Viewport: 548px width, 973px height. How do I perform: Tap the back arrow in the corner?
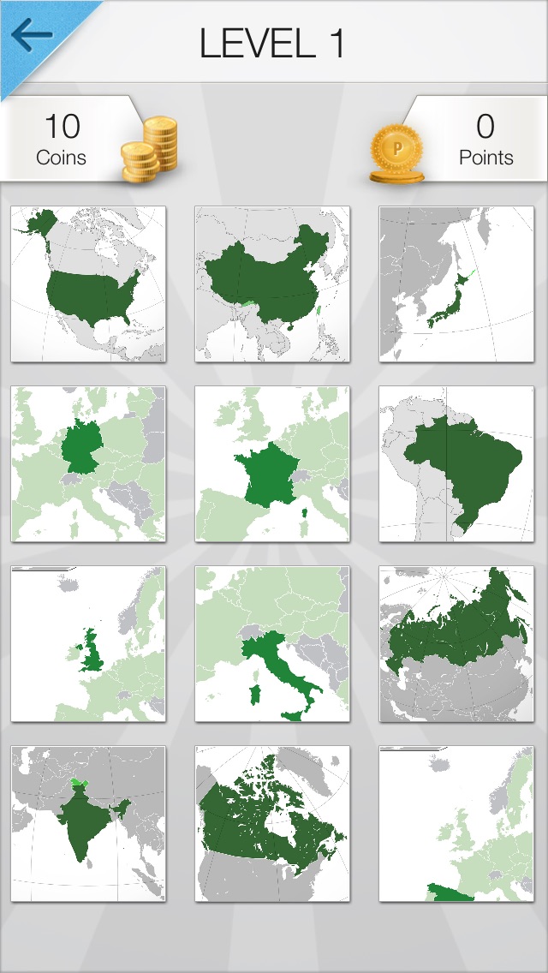click(32, 36)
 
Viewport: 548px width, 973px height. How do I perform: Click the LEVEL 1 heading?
click(272, 43)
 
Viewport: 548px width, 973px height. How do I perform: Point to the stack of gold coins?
click(151, 149)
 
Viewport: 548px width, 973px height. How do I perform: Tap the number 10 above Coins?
click(62, 127)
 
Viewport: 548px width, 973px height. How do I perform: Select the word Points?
click(485, 158)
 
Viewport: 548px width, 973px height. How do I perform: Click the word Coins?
click(62, 158)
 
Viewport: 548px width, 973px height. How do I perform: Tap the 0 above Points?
click(485, 127)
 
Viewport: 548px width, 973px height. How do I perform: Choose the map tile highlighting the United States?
click(88, 284)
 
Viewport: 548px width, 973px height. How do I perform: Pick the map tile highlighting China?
click(272, 284)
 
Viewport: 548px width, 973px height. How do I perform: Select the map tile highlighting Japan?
click(456, 284)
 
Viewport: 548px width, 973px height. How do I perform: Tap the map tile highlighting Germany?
click(88, 463)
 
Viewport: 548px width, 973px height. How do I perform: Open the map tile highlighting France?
click(272, 463)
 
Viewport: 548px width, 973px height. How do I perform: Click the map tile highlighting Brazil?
click(456, 463)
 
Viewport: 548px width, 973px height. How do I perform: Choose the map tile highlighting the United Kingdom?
click(88, 643)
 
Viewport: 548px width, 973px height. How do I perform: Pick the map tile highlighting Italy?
click(272, 643)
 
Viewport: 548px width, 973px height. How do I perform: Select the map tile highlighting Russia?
click(456, 643)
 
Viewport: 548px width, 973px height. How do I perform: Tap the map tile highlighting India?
click(88, 823)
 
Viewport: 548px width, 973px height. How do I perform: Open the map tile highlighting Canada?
click(272, 823)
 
